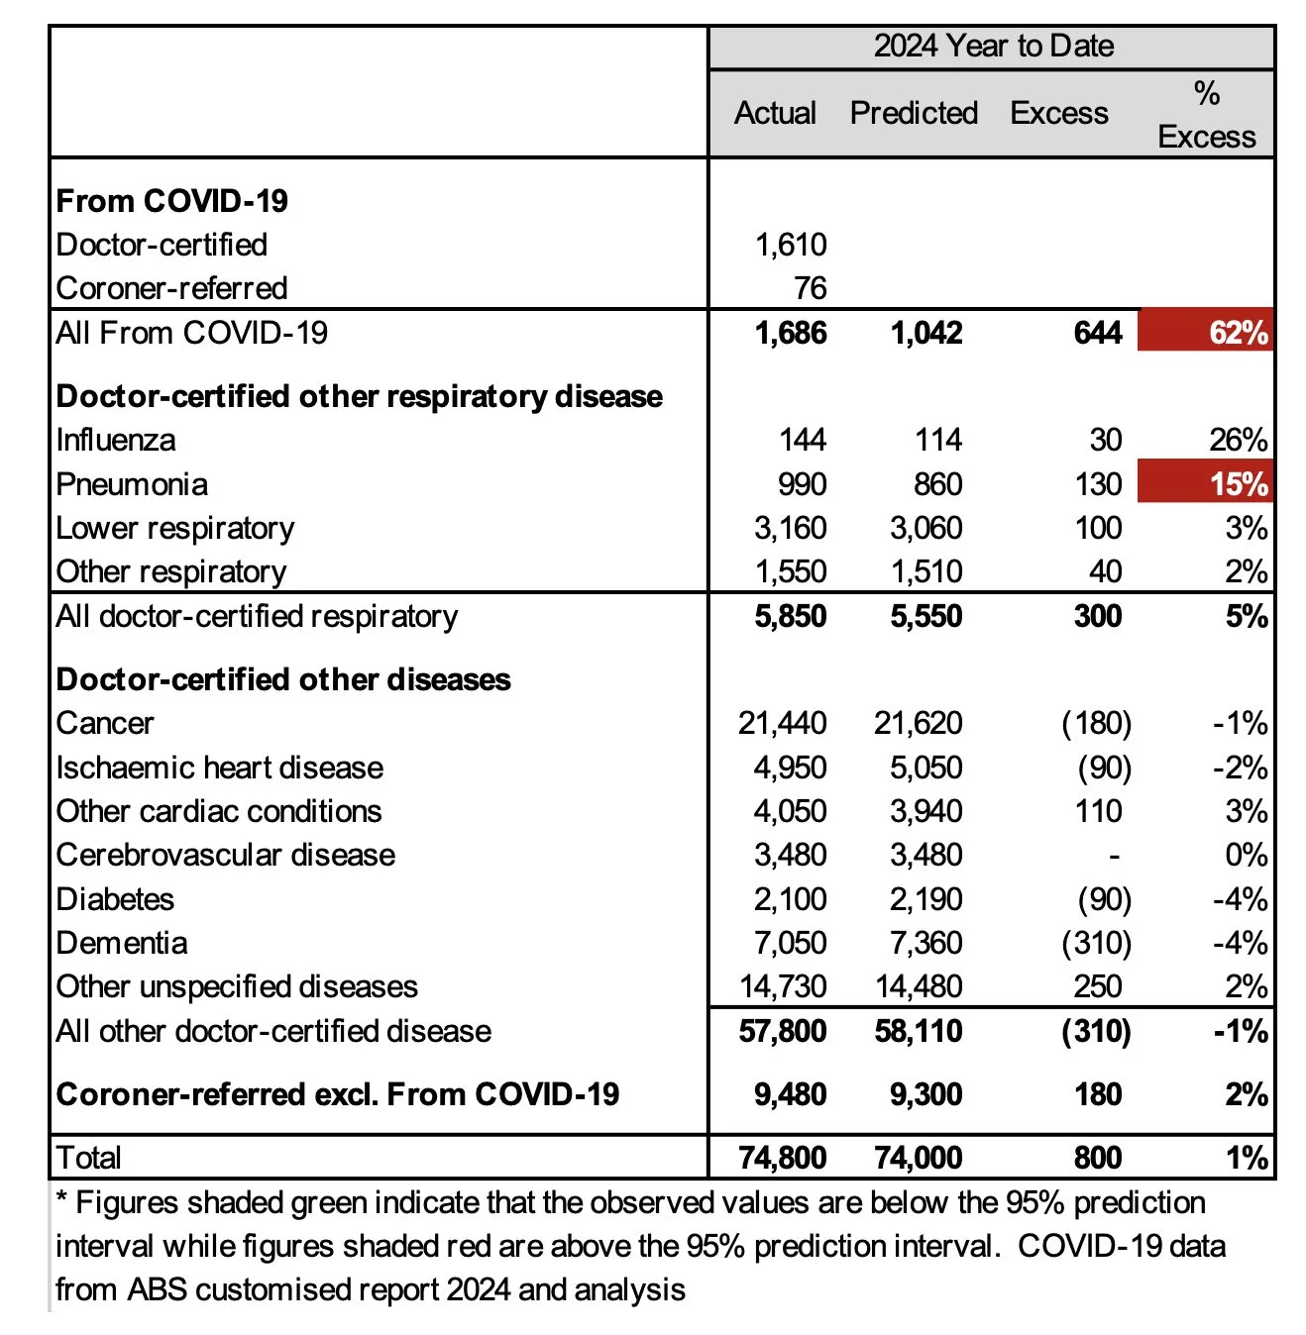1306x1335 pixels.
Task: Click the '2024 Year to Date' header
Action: coord(993,47)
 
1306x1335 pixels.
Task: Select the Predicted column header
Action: coord(914,113)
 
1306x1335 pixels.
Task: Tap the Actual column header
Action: coord(775,113)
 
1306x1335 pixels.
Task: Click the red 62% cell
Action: coord(1206,332)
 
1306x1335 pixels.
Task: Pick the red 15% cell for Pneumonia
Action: coord(1206,484)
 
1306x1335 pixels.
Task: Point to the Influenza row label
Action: coord(116,440)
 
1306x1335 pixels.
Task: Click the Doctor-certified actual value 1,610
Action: coord(790,245)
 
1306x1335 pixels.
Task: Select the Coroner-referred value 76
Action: coord(810,288)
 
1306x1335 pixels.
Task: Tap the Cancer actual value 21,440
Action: coord(782,723)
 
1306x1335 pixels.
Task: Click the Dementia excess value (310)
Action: coord(1096,943)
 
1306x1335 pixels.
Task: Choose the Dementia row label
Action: coord(122,943)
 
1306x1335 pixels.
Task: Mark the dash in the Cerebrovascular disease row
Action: coord(1114,855)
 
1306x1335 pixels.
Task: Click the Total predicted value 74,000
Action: coord(918,1157)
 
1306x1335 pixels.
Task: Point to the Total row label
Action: coord(89,1157)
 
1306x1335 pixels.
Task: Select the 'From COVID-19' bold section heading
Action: coord(172,201)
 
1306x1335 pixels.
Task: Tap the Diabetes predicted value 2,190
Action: coord(925,899)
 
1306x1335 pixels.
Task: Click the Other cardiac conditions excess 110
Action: coord(1098,811)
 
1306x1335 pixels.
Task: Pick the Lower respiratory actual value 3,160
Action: coord(790,528)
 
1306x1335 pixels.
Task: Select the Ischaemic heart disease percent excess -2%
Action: coord(1240,768)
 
